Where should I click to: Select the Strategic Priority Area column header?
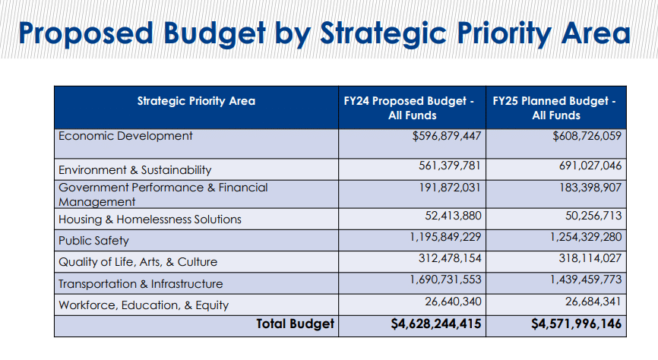point(196,101)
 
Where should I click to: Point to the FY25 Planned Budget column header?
point(555,108)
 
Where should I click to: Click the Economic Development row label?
point(125,137)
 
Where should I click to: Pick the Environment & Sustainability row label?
point(134,170)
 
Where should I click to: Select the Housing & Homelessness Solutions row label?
point(150,219)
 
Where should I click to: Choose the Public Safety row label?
point(93,241)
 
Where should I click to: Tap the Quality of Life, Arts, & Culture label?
point(138,262)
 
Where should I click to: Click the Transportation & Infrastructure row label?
point(141,284)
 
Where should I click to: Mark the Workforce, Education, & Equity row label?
point(144,305)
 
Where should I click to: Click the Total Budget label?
point(295,324)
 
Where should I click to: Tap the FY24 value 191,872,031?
point(450,187)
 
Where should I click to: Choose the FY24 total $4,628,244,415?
point(431,324)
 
